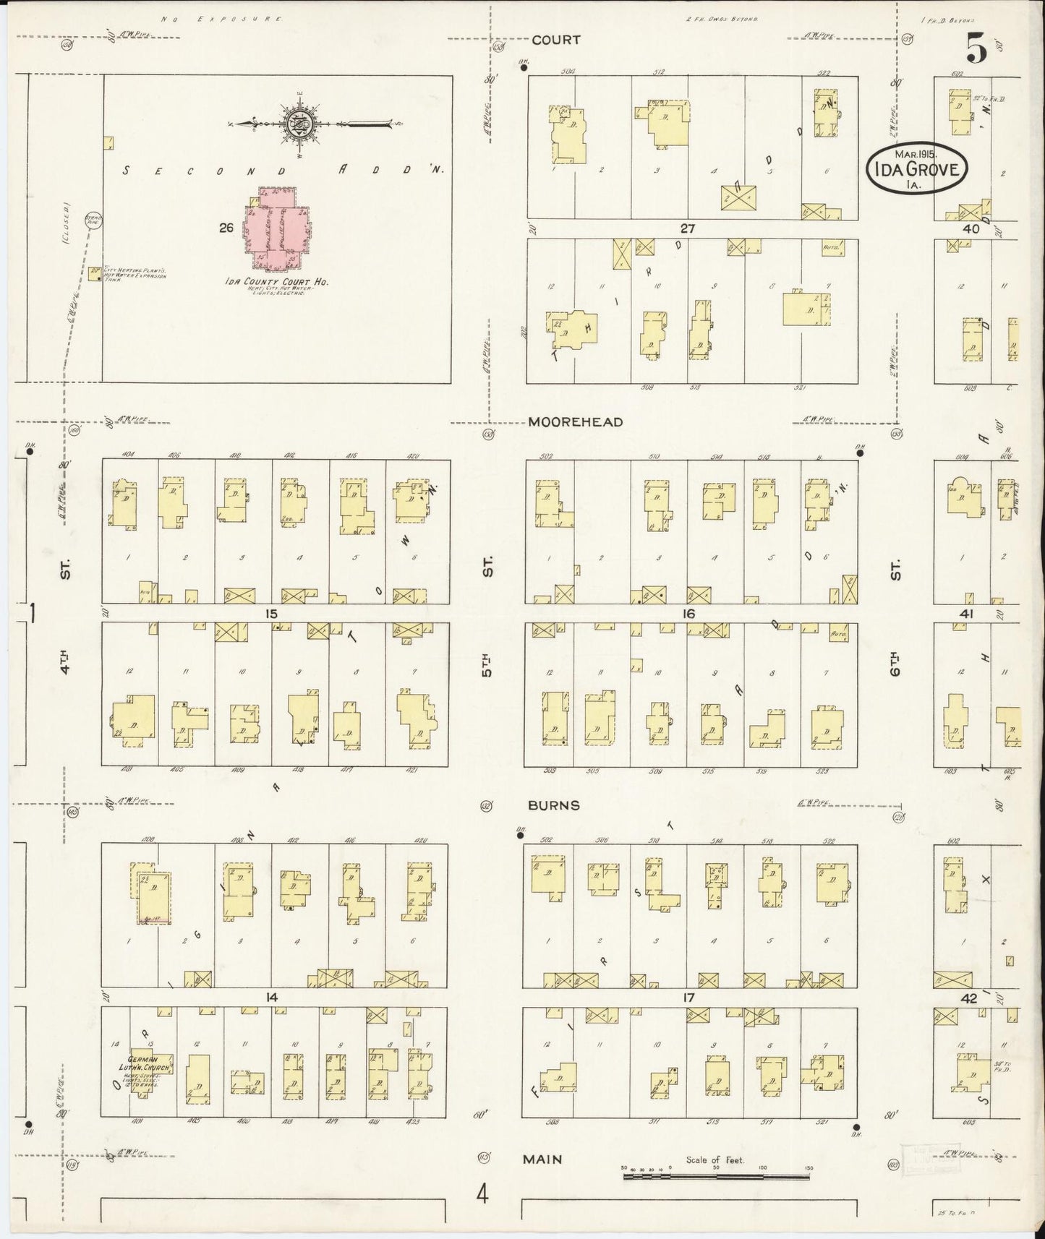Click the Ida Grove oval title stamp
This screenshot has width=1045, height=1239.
(916, 169)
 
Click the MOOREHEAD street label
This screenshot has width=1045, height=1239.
(575, 422)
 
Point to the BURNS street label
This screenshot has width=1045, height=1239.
(553, 805)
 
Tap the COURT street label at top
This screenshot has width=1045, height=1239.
(556, 40)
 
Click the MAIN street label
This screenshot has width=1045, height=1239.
(543, 1159)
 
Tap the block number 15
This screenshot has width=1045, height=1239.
(271, 614)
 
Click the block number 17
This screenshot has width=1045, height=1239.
(688, 998)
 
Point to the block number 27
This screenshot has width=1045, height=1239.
(687, 228)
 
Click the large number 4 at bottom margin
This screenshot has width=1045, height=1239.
(482, 1193)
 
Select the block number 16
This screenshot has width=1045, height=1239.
(688, 614)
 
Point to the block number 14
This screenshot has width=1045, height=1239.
(271, 998)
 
